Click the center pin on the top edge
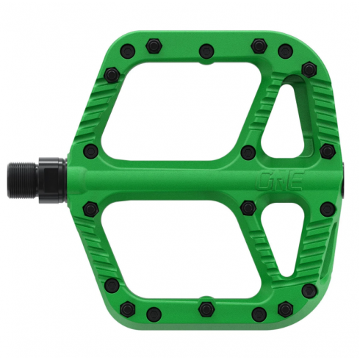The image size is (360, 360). [205, 51]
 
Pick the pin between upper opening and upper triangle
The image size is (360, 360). [248, 151]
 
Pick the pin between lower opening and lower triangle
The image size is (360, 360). [248, 206]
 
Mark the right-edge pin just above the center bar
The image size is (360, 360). [328, 151]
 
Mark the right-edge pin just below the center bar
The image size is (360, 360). [328, 207]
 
